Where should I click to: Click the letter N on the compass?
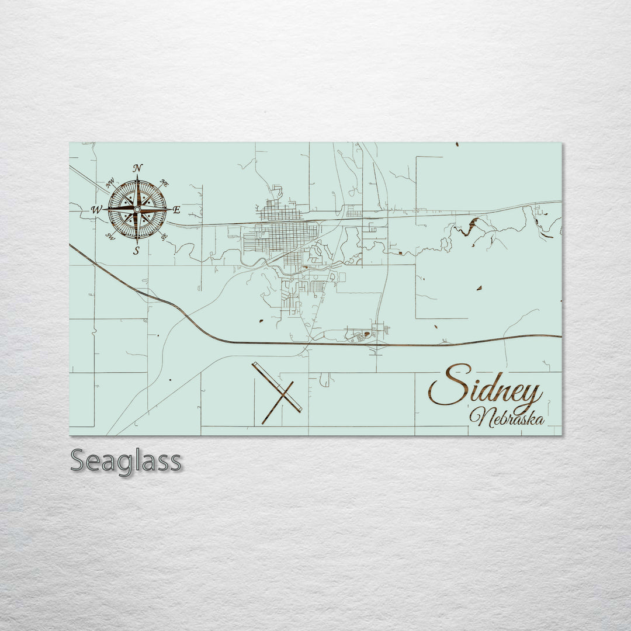pyautogui.click(x=138, y=168)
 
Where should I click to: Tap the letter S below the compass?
pyautogui.click(x=136, y=251)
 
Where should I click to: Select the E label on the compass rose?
pyautogui.click(x=176, y=210)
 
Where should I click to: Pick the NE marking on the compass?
pyautogui.click(x=165, y=183)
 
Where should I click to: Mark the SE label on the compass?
pyautogui.click(x=164, y=235)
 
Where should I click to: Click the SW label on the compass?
pyautogui.click(x=109, y=236)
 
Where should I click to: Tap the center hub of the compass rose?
pyautogui.click(x=137, y=209)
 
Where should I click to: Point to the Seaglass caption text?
pyautogui.click(x=126, y=461)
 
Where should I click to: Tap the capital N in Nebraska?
pyautogui.click(x=480, y=416)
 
